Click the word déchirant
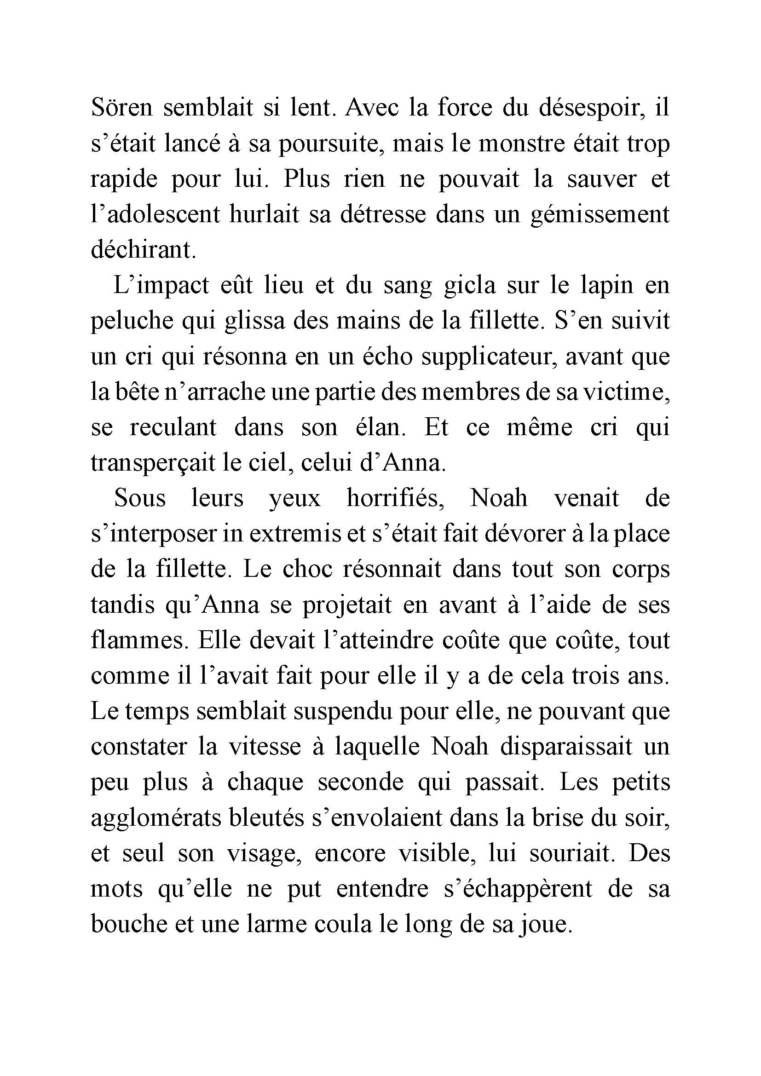pyautogui.click(x=142, y=250)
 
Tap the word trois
pyautogui.click(x=594, y=676)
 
